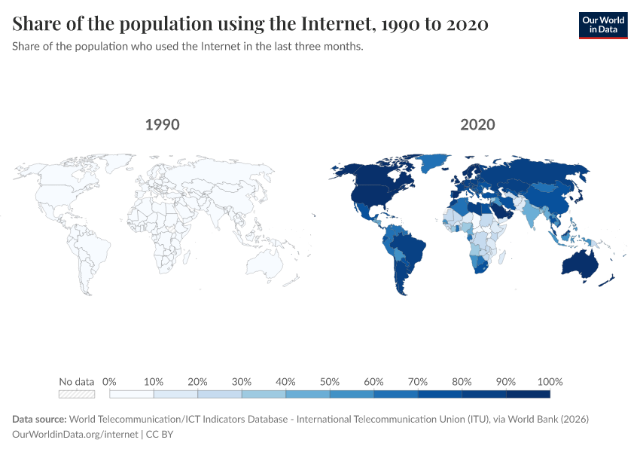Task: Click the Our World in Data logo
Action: pos(603,24)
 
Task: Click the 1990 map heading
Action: pos(163,124)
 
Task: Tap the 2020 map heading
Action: pos(478,124)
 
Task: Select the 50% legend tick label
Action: pos(330,381)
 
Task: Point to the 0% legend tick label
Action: pos(109,381)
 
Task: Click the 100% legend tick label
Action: pos(550,381)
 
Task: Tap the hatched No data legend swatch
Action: pos(77,393)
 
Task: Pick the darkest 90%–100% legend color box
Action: pos(528,393)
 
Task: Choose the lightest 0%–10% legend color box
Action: pos(132,393)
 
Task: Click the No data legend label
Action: pos(77,381)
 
